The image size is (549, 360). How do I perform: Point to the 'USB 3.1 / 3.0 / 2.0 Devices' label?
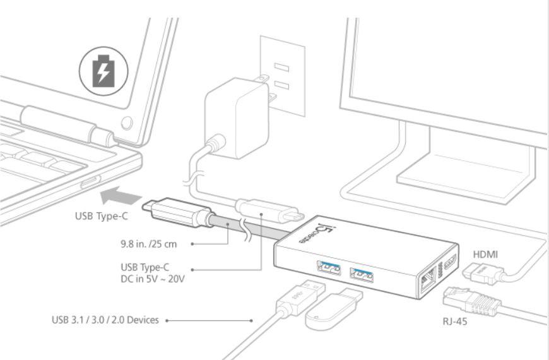click(105, 320)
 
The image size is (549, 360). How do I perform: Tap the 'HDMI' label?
click(485, 254)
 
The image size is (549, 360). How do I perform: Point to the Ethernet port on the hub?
click(425, 277)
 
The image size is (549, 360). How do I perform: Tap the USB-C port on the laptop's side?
click(88, 182)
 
